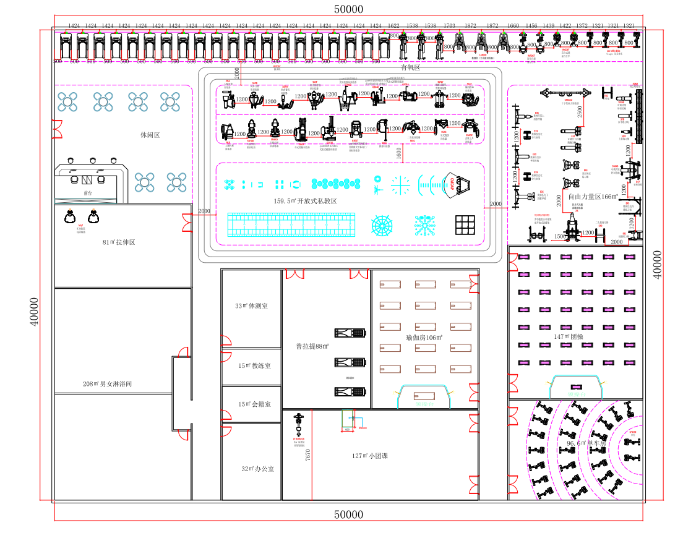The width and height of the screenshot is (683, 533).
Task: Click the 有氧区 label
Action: pos(410,68)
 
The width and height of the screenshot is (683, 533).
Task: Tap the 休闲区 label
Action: pos(150,134)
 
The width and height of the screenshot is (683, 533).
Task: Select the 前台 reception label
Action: pos(87,193)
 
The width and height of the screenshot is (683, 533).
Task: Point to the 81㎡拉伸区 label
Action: pos(119,242)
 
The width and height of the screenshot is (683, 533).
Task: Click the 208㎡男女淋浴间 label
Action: pos(108,384)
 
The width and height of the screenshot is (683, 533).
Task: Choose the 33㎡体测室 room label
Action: pos(251,306)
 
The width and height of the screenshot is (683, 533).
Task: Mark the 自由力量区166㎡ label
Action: pos(589,196)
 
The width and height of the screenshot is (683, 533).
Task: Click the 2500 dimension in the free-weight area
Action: pos(580,112)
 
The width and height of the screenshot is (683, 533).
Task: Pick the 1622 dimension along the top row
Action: pos(393,26)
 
